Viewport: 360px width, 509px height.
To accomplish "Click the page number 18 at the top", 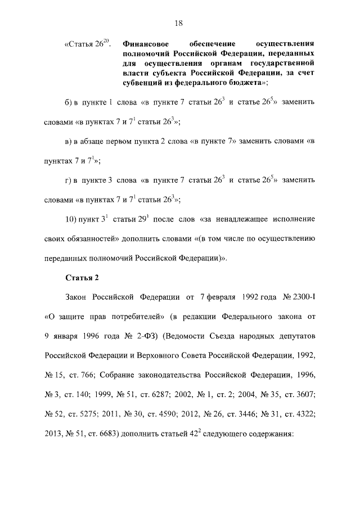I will (179, 23).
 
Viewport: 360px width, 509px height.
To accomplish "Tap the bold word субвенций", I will (141, 82).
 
